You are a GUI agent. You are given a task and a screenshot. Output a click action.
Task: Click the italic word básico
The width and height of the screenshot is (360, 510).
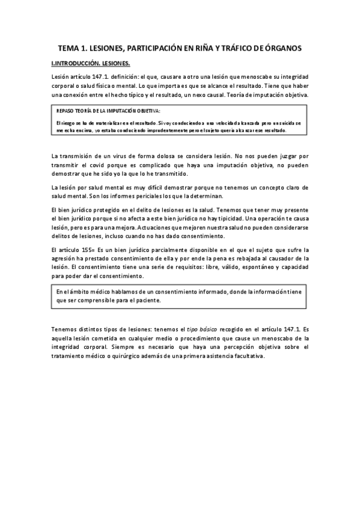[x=199, y=330]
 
